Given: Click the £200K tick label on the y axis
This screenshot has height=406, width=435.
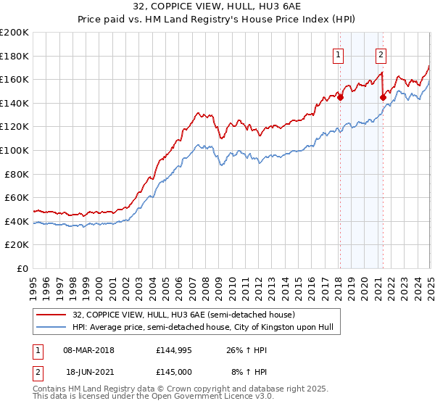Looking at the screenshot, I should point(14,33).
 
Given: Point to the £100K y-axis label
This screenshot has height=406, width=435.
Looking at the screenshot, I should point(14,150).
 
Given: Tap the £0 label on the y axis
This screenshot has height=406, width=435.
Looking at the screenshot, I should point(22,268).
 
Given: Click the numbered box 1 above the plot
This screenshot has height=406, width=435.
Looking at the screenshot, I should point(339,53).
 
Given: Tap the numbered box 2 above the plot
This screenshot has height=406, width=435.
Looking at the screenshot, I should point(381,53).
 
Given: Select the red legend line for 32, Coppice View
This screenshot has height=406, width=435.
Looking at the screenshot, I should point(51,315).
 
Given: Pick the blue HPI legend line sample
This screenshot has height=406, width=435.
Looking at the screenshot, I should point(51,327).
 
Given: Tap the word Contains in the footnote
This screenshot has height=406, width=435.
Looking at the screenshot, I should point(51,389).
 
